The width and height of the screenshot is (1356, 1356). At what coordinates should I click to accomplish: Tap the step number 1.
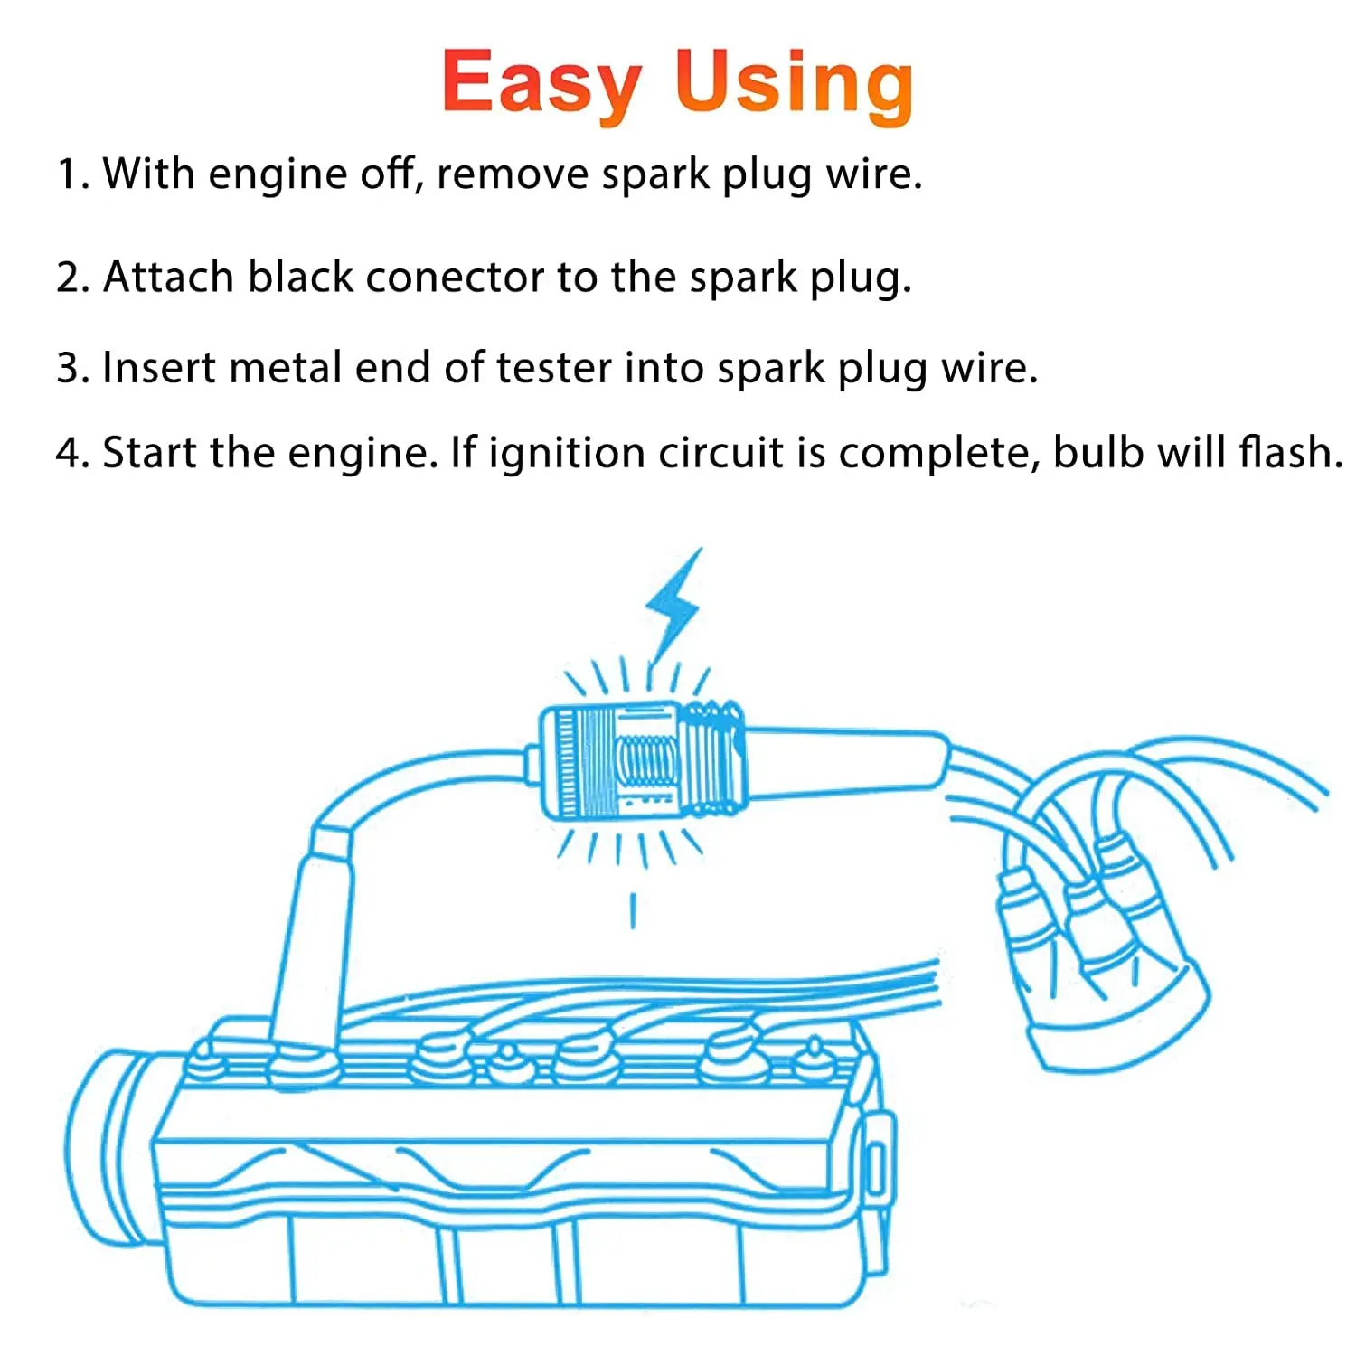coord(69,174)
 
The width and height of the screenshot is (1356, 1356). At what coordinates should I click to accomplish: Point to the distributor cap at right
coord(1103,976)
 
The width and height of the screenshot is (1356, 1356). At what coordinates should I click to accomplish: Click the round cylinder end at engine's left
coord(104,1144)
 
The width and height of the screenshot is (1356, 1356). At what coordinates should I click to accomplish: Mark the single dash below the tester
coord(633,910)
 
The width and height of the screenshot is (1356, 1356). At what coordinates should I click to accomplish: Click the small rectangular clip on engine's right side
coord(874,1166)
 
